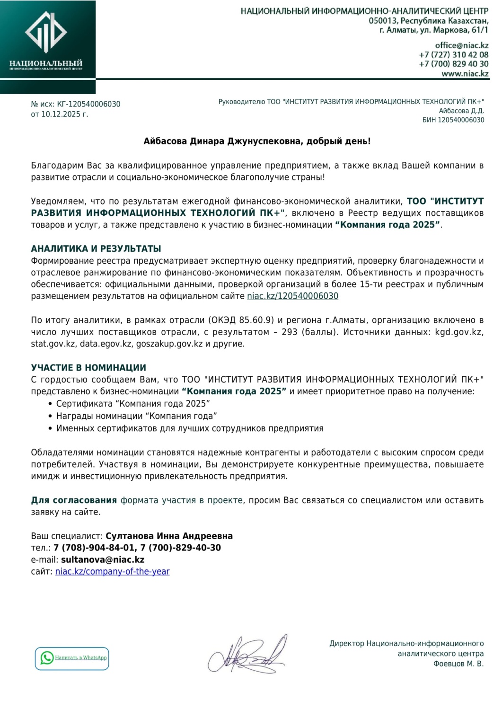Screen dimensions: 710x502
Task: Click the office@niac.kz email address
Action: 461,45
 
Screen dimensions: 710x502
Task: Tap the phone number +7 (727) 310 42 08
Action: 453,55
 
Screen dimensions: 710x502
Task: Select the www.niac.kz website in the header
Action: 465,73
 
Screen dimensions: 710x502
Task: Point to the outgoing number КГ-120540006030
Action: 88,104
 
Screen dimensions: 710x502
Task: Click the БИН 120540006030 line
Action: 453,120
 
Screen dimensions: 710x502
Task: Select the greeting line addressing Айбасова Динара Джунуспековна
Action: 257,142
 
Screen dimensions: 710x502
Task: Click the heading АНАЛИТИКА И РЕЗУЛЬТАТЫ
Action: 96,248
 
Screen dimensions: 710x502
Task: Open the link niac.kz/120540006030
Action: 292,296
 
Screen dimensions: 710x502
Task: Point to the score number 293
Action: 289,332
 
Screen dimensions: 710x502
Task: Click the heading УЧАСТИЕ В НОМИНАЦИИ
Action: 88,368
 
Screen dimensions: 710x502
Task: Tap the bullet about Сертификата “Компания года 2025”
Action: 133,404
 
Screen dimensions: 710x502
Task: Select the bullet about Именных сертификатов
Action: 189,428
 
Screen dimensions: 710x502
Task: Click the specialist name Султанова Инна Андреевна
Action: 169,536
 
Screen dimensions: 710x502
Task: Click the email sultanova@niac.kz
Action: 103,559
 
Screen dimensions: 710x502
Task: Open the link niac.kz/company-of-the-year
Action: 112,571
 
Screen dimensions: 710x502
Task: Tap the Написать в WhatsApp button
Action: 72,658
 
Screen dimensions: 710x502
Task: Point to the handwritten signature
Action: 247,655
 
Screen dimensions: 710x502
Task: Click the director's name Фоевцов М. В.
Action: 458,664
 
